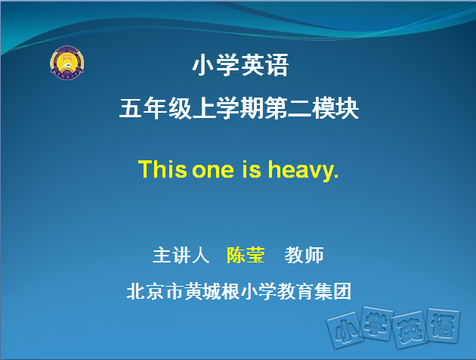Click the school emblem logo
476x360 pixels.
click(x=67, y=64)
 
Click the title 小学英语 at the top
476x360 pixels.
click(x=240, y=65)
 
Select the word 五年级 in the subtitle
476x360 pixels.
click(x=156, y=108)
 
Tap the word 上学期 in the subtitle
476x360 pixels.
click(x=228, y=108)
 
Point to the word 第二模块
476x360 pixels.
click(x=312, y=108)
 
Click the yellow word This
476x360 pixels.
click(x=162, y=169)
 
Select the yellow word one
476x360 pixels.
click(x=213, y=171)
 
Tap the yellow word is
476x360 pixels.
click(x=252, y=169)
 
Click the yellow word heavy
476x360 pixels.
click(x=300, y=171)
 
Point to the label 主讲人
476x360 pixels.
click(x=181, y=255)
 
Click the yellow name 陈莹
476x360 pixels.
click(x=246, y=255)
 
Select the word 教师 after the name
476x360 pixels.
click(x=304, y=255)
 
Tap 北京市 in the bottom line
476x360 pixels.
click(x=155, y=291)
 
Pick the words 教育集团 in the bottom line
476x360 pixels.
click(x=314, y=291)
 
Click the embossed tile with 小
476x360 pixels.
click(x=345, y=329)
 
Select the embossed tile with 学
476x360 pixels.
click(x=376, y=324)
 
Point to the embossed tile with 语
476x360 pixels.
click(x=444, y=326)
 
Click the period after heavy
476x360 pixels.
click(x=335, y=176)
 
